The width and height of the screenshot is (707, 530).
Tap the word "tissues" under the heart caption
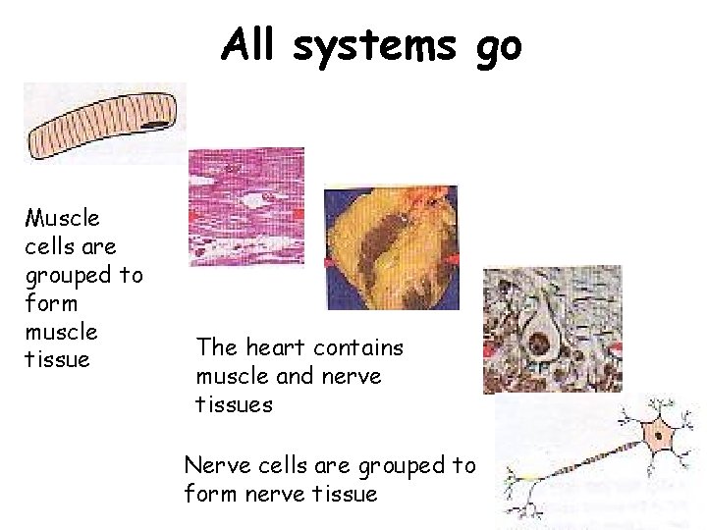(235, 402)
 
